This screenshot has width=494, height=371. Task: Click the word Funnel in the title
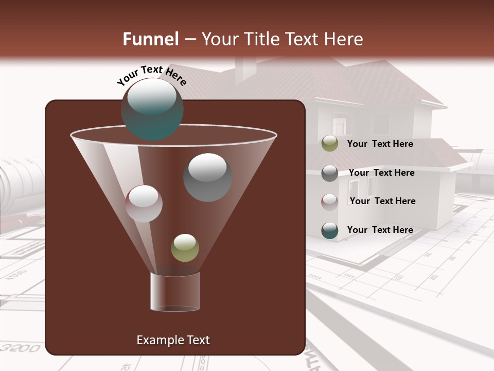150,39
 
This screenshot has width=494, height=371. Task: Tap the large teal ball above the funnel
152,109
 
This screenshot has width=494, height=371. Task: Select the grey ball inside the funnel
207,177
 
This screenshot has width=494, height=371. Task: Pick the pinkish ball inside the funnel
144,204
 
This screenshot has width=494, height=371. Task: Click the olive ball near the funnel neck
185,248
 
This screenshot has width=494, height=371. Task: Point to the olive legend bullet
329,144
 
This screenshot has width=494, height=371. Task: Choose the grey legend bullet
329,173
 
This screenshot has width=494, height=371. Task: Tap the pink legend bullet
329,201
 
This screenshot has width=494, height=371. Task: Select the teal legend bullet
329,230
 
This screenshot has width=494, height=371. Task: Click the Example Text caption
173,340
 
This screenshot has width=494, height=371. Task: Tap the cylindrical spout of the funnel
174,292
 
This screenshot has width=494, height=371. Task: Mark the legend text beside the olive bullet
380,144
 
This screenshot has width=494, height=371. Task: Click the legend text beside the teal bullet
380,230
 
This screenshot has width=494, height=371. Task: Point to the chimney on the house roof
245,69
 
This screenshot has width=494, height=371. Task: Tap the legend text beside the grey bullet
381,173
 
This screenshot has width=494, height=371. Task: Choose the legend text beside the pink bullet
382,201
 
